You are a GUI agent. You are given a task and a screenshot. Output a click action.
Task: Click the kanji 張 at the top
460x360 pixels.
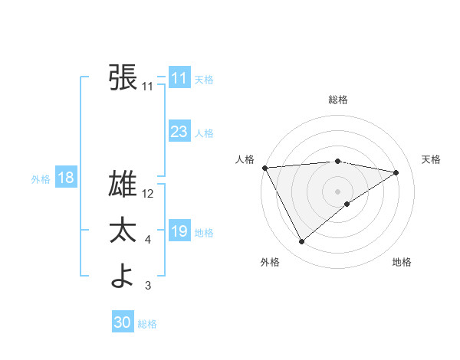pyautogui.click(x=123, y=77)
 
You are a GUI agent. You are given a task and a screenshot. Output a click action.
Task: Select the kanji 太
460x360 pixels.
pyautogui.click(x=123, y=231)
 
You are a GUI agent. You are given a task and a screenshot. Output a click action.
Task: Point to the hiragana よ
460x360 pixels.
pyautogui.click(x=123, y=277)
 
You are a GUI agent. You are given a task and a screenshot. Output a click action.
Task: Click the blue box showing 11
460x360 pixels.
pyautogui.click(x=179, y=78)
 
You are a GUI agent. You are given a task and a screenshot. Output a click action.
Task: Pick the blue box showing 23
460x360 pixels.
pyautogui.click(x=179, y=132)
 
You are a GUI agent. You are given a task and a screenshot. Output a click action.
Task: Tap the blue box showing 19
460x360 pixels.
pyautogui.click(x=179, y=231)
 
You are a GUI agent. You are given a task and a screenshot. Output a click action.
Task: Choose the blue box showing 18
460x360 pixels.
pyautogui.click(x=66, y=178)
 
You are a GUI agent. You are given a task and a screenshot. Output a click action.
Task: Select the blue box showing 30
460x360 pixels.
pyautogui.click(x=123, y=322)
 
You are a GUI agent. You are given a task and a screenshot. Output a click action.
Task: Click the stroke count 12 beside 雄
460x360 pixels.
pyautogui.click(x=149, y=195)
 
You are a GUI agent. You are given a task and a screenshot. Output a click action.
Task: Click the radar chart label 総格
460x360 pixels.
pyautogui.click(x=337, y=100)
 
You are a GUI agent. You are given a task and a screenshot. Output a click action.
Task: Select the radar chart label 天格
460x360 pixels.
pyautogui.click(x=431, y=159)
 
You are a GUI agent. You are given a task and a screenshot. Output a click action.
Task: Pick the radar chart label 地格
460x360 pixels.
pyautogui.click(x=402, y=262)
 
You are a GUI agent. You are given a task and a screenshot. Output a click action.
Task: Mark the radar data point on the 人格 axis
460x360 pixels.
pyautogui.click(x=264, y=167)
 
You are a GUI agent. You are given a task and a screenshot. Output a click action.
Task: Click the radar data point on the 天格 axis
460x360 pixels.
pyautogui.click(x=396, y=172)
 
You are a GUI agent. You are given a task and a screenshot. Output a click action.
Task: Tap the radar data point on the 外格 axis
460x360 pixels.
pyautogui.click(x=301, y=242)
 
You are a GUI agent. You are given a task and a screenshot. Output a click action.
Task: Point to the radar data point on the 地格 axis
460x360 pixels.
pyautogui.click(x=347, y=204)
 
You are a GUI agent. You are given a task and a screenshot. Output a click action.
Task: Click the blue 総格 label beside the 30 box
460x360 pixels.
pyautogui.click(x=147, y=324)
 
